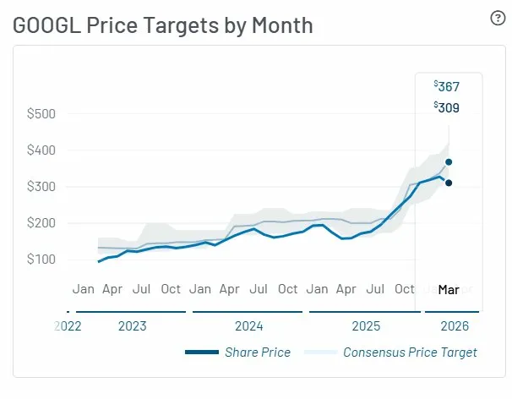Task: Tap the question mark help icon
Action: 498,19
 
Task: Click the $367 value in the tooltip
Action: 448,86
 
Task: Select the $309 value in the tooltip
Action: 448,107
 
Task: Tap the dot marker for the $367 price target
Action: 449,161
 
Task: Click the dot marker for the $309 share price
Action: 449,183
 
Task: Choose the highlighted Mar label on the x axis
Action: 449,289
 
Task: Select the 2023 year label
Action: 132,325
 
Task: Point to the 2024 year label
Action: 248,325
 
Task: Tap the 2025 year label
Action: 365,325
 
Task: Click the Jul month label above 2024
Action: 259,289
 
